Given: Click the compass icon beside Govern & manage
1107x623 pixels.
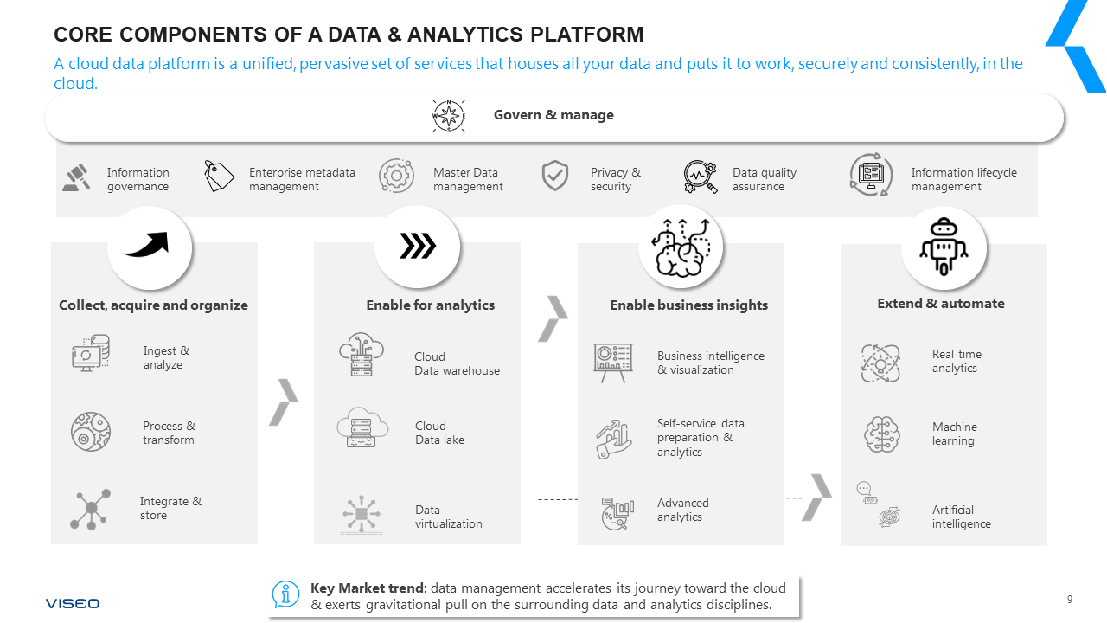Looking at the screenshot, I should tap(449, 116).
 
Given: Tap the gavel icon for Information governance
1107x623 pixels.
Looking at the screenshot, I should tap(77, 177).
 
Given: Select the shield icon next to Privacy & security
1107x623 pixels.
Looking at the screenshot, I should tap(555, 176).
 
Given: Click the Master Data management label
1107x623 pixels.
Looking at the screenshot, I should tap(467, 179).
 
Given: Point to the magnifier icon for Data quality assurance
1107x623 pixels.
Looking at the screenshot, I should tap(700, 177).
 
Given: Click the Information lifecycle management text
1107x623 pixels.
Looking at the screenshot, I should tap(963, 179).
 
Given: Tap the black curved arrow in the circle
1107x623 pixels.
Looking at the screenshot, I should tap(150, 247).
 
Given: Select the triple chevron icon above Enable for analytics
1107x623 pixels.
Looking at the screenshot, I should tap(418, 247).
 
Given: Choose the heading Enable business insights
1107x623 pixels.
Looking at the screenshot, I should tap(688, 305).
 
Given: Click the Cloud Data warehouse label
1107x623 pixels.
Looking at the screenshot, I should tap(457, 363).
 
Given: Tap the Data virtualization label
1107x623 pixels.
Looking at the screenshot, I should tap(448, 517).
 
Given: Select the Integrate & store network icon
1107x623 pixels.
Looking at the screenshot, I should tap(91, 509).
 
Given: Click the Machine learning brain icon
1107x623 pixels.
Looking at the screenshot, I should tap(882, 434).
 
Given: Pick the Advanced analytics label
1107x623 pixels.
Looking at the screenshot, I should tap(682, 510).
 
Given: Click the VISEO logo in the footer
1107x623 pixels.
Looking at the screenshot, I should tap(73, 603).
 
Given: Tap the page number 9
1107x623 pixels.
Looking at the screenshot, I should tap(1070, 600).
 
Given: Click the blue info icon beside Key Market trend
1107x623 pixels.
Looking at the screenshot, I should tap(285, 594).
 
